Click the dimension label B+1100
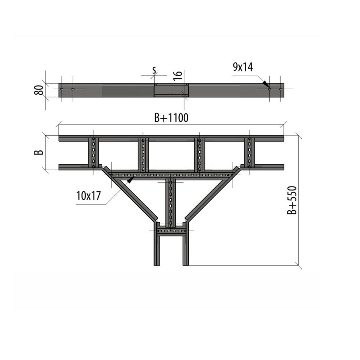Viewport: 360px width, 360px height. coord(171,118)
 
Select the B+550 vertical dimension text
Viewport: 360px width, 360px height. coord(292,200)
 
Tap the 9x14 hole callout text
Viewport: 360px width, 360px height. coord(243,67)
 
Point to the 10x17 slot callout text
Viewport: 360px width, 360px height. coord(89,196)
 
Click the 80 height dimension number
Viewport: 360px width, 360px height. coord(39,90)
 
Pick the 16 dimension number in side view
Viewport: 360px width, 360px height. coord(178,76)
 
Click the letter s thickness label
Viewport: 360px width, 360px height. coord(154,70)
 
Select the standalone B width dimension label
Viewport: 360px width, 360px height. coord(39,152)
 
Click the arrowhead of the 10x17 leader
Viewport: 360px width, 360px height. coord(131,180)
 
